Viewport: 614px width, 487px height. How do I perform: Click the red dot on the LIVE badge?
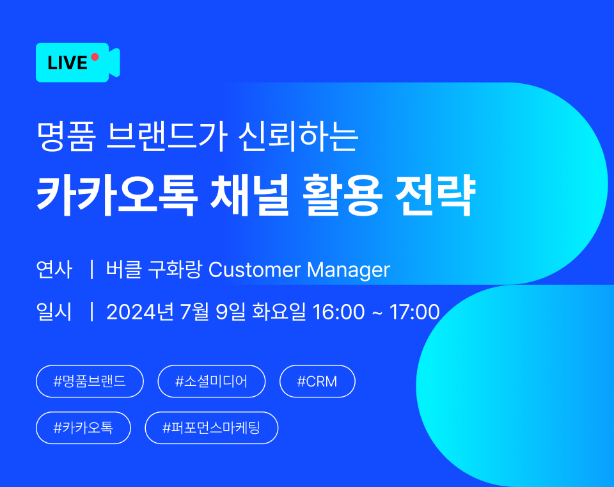pyautogui.click(x=95, y=57)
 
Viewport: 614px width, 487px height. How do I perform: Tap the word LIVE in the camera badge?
pyautogui.click(x=67, y=63)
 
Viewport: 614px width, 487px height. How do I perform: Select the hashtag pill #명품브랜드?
pyautogui.click(x=90, y=381)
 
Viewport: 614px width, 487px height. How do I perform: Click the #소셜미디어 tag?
pyautogui.click(x=212, y=381)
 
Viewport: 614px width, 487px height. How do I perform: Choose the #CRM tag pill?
pyautogui.click(x=317, y=381)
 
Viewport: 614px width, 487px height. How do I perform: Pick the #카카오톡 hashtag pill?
pyautogui.click(x=83, y=428)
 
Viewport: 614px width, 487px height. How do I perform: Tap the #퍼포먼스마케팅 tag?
pyautogui.click(x=212, y=428)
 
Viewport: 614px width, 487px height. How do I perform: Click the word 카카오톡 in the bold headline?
pyautogui.click(x=117, y=195)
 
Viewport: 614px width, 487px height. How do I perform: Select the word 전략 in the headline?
pyautogui.click(x=436, y=195)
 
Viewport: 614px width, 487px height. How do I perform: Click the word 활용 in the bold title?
pyautogui.click(x=342, y=195)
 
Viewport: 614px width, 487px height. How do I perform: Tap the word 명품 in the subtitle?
pyautogui.click(x=66, y=136)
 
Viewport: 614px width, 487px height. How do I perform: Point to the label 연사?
pyautogui.click(x=54, y=269)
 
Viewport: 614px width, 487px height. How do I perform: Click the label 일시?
pyautogui.click(x=54, y=312)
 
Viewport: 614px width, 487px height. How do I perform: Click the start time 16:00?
pyautogui.click(x=339, y=312)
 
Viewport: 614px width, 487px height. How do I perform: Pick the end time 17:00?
pyautogui.click(x=414, y=312)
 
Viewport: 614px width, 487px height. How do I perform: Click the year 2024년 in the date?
pyautogui.click(x=140, y=312)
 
